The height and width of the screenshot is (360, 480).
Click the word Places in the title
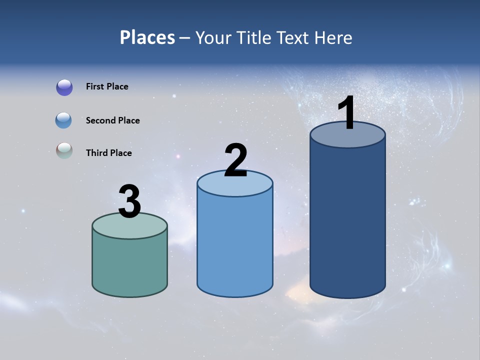(x=147, y=37)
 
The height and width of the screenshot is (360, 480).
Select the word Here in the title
(x=334, y=37)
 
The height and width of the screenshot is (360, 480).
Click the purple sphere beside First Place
(x=64, y=87)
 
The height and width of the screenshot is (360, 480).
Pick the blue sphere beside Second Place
(x=63, y=120)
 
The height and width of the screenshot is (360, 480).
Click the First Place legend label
(x=107, y=86)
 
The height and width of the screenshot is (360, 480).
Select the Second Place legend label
(x=112, y=120)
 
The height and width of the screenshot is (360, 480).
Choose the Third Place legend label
(x=108, y=153)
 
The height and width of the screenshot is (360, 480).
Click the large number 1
(x=347, y=113)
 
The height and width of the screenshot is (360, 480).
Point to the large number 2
(x=235, y=160)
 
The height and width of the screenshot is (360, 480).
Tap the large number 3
(x=129, y=202)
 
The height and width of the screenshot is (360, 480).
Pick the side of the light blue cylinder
(x=235, y=245)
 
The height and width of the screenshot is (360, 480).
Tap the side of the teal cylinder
(x=129, y=265)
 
